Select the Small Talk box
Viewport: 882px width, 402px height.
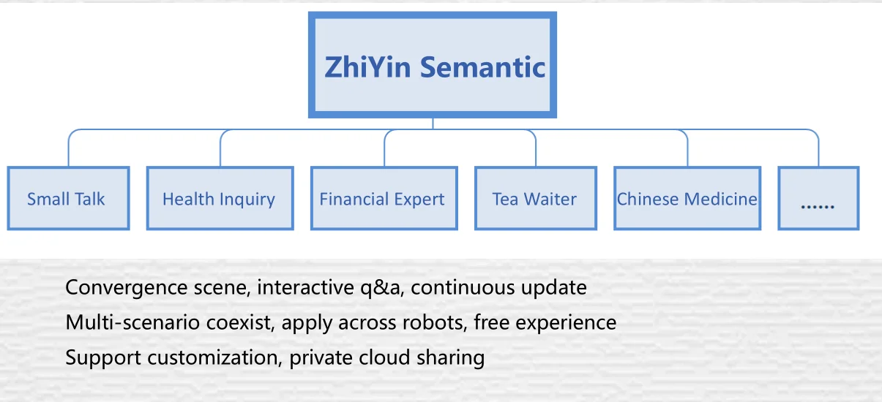coord(68,198)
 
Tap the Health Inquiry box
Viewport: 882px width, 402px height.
coord(220,198)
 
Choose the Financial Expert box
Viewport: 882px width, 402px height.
coord(384,198)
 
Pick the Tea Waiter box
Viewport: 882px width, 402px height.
coord(535,198)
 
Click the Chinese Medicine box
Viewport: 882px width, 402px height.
coord(687,198)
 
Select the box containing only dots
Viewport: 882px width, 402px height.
coord(818,198)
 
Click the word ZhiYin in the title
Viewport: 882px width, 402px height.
coord(369,67)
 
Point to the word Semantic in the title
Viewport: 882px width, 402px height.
coord(482,67)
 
